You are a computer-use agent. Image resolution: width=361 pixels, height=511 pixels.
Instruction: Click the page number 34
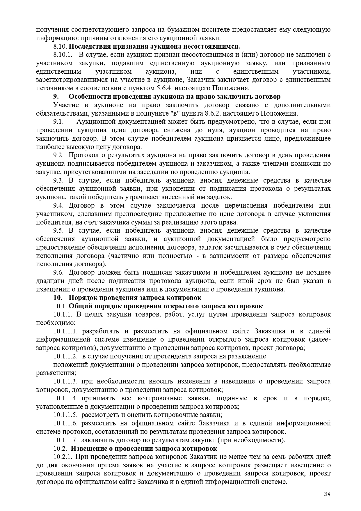[x=327, y=494]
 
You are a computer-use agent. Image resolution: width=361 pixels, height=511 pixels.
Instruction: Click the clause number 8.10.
[x=60, y=47]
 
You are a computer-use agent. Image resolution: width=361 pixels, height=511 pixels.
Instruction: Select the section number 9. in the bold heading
[x=56, y=97]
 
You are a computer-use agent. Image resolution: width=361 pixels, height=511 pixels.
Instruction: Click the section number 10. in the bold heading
[x=58, y=298]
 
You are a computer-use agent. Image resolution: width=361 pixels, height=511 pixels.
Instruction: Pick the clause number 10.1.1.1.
[x=66, y=331]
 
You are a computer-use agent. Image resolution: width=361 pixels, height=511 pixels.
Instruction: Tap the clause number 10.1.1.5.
[x=66, y=415]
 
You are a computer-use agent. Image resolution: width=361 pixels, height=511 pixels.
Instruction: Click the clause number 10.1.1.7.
[x=66, y=440]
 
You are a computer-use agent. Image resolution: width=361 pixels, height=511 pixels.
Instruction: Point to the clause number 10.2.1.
[x=62, y=457]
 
